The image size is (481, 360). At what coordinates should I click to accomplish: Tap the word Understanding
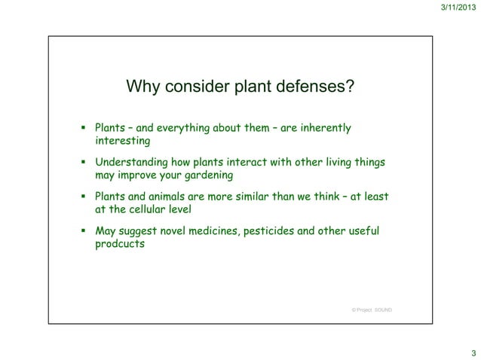[130, 162]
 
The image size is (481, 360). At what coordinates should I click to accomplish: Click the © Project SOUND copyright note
[371, 310]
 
